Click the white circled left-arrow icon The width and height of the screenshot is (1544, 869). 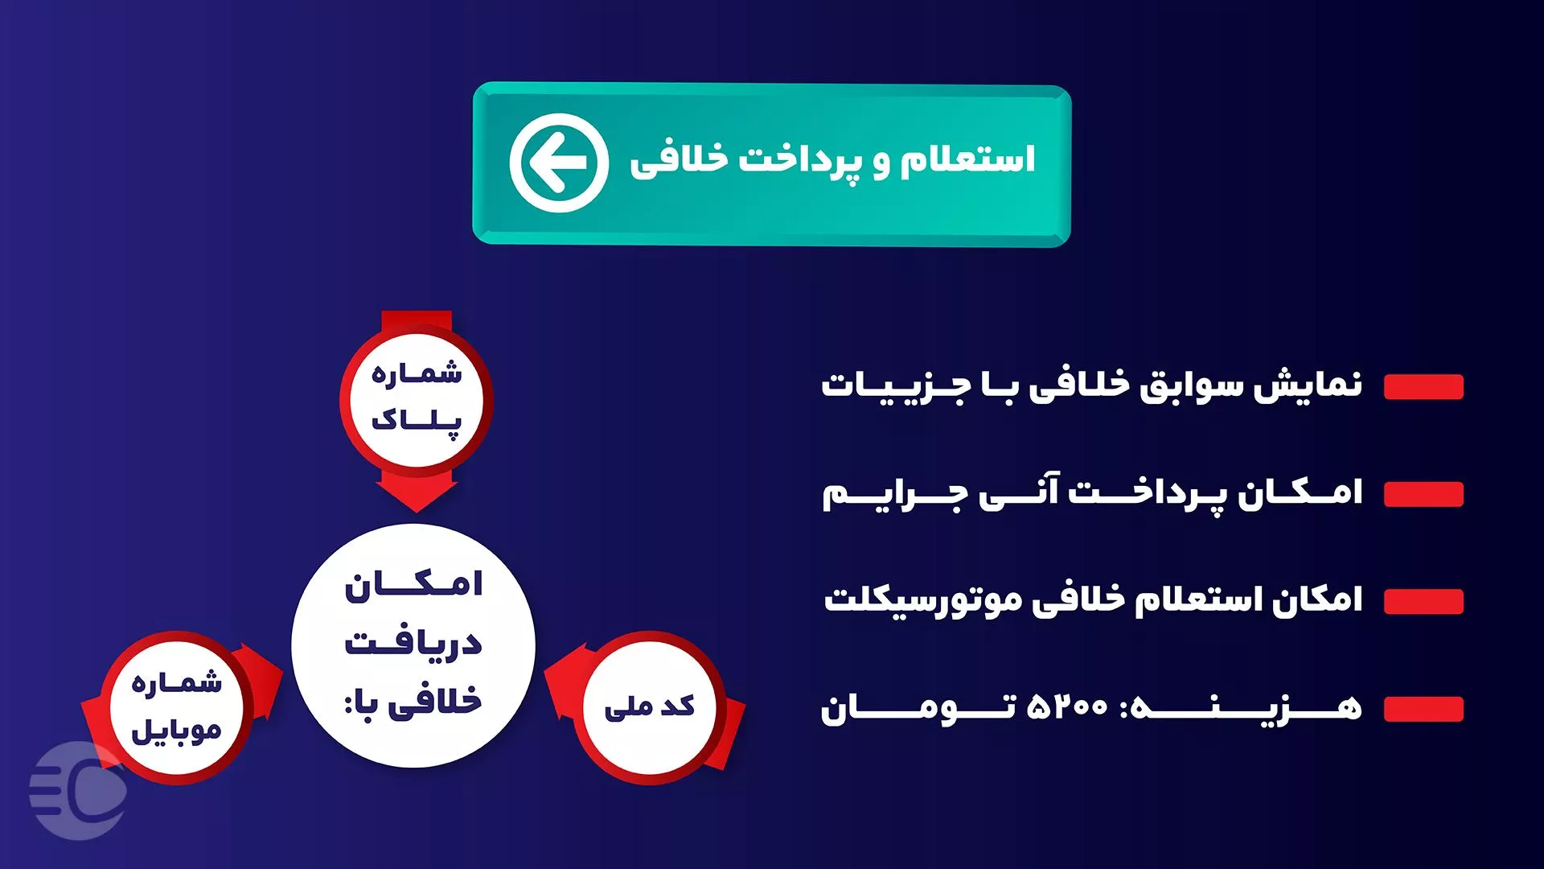pyautogui.click(x=559, y=163)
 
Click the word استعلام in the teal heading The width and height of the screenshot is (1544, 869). pyautogui.click(x=967, y=159)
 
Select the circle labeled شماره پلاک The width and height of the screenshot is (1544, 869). pyautogui.click(x=417, y=398)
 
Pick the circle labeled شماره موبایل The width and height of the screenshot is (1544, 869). pyautogui.click(x=176, y=707)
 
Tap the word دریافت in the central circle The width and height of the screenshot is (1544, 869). pyautogui.click(x=413, y=642)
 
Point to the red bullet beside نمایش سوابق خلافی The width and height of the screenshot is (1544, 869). pyautogui.click(x=1423, y=387)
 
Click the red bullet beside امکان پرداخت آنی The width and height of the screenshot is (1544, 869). pyautogui.click(x=1423, y=494)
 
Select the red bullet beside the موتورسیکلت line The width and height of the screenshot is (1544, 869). pyautogui.click(x=1423, y=601)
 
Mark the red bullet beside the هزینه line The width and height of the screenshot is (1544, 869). pyautogui.click(x=1423, y=709)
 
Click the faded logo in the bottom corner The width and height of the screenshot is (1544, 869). pyautogui.click(x=78, y=791)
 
